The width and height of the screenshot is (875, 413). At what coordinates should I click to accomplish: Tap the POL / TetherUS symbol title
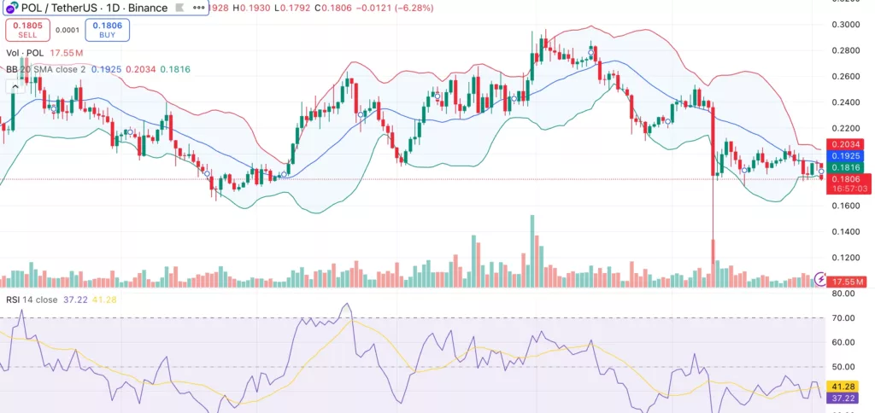point(65,8)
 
